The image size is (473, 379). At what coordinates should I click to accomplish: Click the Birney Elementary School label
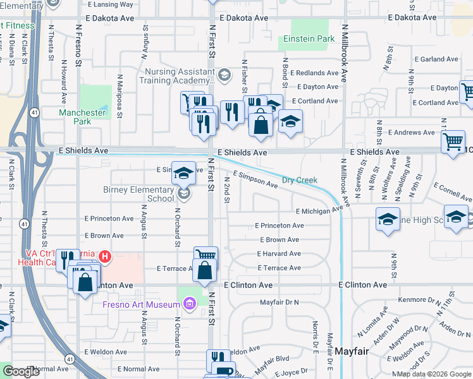(x=138, y=194)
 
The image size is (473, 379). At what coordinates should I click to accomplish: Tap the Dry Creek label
(x=299, y=180)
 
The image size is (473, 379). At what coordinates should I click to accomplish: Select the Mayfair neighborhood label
(x=352, y=351)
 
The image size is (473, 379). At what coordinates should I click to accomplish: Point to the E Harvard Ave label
(x=279, y=254)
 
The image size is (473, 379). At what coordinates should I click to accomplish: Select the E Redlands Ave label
(x=315, y=73)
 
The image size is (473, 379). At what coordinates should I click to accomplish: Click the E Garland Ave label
(x=441, y=59)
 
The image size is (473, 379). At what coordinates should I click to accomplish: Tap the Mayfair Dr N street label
(x=279, y=303)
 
